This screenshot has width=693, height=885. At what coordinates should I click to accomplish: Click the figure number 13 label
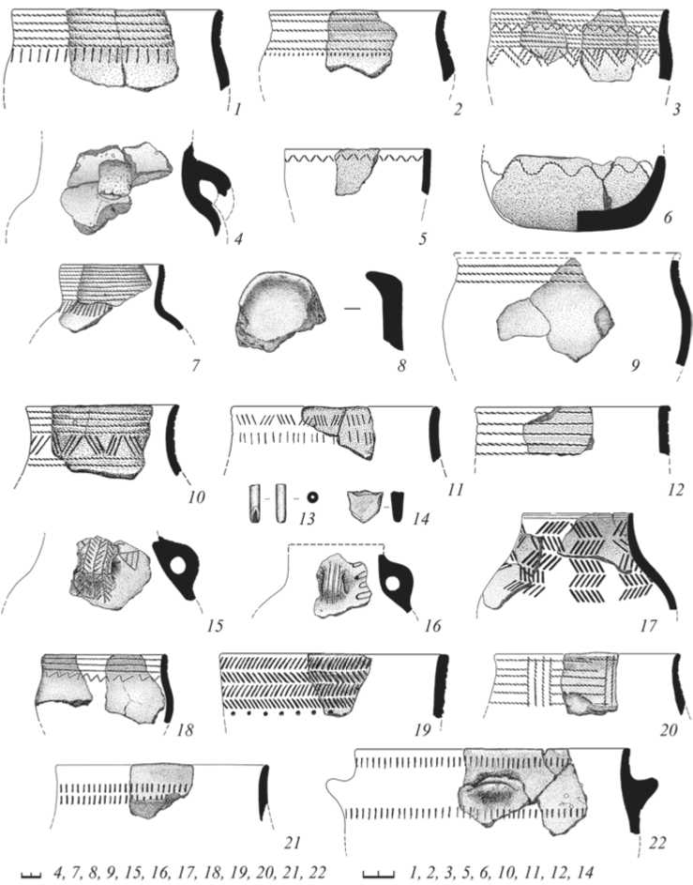click(307, 517)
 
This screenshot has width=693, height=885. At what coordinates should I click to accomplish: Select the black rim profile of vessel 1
click(221, 50)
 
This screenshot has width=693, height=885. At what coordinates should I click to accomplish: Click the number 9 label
click(635, 366)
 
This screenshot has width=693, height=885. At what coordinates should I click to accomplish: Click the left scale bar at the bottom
click(32, 875)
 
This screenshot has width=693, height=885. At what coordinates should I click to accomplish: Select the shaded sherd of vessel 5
click(354, 171)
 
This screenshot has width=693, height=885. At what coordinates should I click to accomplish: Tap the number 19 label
click(422, 730)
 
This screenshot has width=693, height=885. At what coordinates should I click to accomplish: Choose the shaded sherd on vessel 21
click(162, 790)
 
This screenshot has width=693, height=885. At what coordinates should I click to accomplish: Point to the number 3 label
click(676, 108)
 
